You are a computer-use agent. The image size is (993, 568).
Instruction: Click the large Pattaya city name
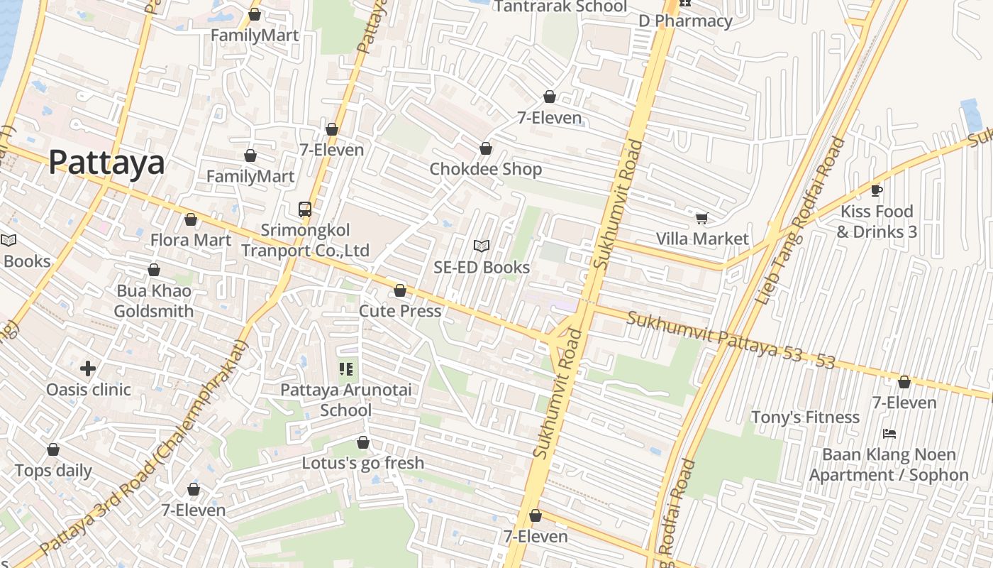[x=106, y=163]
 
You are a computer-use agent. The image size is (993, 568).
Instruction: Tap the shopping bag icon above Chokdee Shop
[x=486, y=149]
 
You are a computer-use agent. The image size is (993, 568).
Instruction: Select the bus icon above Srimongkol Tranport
[x=305, y=209]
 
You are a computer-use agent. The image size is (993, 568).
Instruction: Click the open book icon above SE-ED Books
[x=482, y=246]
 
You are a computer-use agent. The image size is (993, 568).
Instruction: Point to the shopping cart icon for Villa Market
[x=701, y=218]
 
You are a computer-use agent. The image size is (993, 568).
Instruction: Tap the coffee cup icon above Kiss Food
[x=877, y=190]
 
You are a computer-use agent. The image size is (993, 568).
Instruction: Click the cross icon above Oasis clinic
[x=88, y=368]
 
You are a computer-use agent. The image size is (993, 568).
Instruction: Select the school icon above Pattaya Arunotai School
[x=346, y=369]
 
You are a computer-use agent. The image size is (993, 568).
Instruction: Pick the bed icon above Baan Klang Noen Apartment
[x=889, y=433]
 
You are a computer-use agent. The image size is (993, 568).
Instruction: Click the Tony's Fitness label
[x=805, y=417]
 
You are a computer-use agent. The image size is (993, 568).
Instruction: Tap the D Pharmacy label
[x=685, y=21]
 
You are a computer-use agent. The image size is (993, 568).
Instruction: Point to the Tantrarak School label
[x=560, y=7]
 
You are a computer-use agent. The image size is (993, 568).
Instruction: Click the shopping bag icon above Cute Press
[x=400, y=290]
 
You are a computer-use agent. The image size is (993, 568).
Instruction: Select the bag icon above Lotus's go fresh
[x=363, y=443]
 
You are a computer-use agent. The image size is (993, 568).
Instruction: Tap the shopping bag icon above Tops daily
[x=53, y=450]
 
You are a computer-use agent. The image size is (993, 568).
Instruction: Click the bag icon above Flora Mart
[x=190, y=220]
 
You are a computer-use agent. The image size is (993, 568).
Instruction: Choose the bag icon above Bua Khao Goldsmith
[x=154, y=271]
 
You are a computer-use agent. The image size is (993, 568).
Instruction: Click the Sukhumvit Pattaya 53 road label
[x=731, y=339]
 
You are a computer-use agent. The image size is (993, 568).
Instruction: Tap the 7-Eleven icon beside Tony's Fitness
[x=904, y=383]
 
